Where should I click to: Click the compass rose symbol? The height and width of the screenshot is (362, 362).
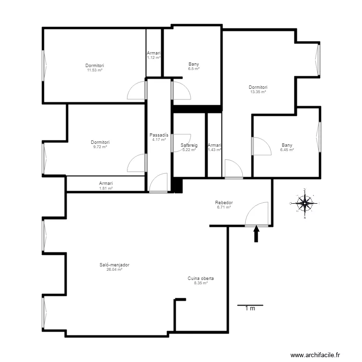[305, 203]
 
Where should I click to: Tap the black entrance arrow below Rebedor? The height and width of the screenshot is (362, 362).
[256, 234]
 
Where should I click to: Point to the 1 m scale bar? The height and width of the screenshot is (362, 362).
[250, 305]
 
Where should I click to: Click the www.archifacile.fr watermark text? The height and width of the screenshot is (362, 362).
[315, 355]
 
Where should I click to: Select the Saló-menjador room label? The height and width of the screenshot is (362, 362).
[114, 265]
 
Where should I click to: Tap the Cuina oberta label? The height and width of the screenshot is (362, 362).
[201, 278]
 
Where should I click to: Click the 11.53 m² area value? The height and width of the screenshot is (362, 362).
[95, 70]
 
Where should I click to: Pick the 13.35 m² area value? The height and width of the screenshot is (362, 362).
[258, 92]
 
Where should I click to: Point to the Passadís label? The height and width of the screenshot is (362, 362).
[159, 135]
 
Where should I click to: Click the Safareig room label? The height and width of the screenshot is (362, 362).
[189, 145]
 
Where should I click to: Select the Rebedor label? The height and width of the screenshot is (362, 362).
[223, 202]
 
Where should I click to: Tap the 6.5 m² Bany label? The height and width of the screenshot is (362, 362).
[194, 64]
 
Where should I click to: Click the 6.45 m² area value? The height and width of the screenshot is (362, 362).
[287, 150]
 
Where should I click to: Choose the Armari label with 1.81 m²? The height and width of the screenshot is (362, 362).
[106, 183]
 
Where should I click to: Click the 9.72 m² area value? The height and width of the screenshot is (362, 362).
[100, 147]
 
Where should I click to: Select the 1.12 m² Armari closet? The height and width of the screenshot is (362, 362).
[153, 53]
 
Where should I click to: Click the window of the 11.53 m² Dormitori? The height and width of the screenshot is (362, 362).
[44, 66]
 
